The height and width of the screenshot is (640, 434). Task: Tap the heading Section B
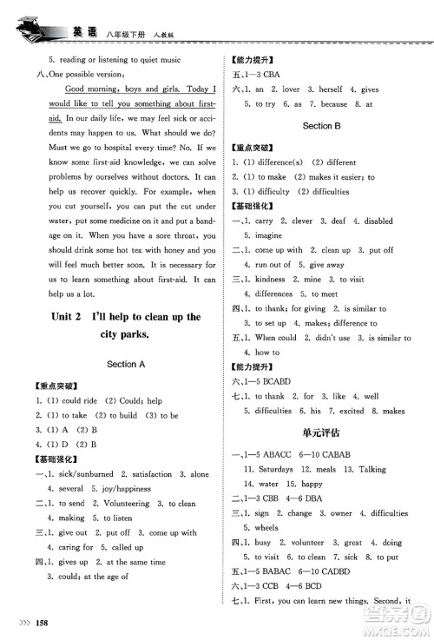(319, 126)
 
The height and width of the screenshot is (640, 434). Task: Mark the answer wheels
(266, 526)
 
